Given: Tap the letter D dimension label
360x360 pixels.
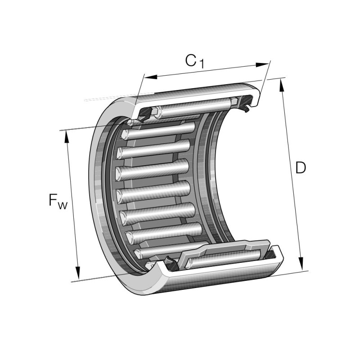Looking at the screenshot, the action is point(301,167).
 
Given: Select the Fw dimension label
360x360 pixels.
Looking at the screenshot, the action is point(58,201).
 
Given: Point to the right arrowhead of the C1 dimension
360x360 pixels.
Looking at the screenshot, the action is point(262,65).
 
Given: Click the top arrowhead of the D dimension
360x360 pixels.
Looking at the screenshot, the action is point(281,85).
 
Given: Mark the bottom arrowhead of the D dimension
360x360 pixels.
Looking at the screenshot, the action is point(301,264).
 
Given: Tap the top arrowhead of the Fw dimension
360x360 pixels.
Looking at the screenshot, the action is point(67,137).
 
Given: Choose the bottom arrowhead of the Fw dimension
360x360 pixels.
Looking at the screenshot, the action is point(78,273).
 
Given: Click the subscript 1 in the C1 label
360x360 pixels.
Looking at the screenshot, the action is point(201,64).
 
